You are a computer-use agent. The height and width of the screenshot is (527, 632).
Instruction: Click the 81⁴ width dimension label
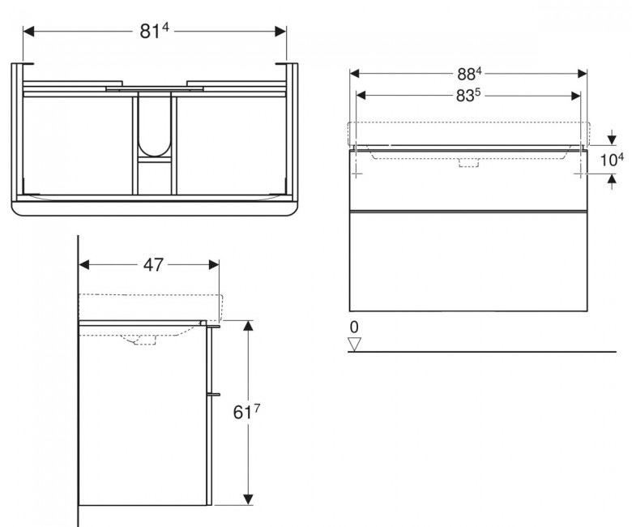click(154, 31)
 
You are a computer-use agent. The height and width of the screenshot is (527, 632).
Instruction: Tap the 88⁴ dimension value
click(469, 74)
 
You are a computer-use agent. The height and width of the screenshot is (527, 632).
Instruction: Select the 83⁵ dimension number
click(468, 95)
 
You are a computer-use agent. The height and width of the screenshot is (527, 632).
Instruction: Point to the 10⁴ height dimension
click(612, 160)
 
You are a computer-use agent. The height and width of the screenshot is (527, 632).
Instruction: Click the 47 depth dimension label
click(154, 264)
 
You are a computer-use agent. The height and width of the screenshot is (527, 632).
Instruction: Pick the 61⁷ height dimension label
click(246, 412)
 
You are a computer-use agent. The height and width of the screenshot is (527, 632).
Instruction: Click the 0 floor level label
click(354, 328)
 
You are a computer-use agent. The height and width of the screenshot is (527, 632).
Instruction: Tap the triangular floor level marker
click(355, 345)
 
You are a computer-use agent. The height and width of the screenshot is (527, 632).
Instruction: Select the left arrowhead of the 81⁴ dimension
click(29, 31)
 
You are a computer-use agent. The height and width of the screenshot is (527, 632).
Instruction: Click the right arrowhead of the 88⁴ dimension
click(583, 74)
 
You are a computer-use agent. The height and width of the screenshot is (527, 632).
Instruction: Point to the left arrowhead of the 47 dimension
click(84, 264)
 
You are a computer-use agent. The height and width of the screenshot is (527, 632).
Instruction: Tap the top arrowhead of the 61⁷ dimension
click(248, 326)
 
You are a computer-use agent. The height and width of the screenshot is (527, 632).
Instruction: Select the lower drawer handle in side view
click(214, 393)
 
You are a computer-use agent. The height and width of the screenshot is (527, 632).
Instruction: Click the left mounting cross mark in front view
click(357, 174)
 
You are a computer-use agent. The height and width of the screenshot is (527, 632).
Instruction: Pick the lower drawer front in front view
click(468, 261)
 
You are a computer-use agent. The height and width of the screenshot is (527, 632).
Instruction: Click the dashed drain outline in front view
click(469, 162)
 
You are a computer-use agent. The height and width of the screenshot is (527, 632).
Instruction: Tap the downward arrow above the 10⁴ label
click(612, 138)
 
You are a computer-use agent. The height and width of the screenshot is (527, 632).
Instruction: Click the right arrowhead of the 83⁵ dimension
click(575, 96)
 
